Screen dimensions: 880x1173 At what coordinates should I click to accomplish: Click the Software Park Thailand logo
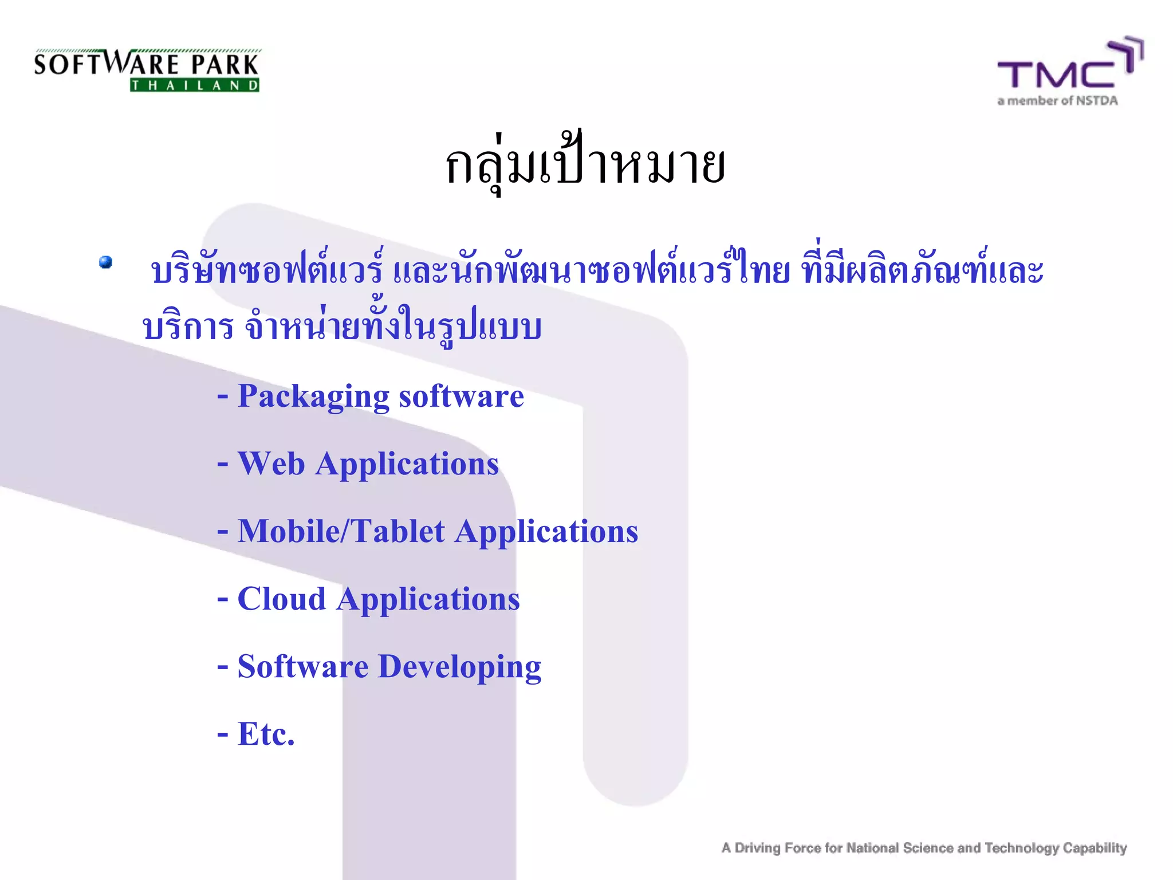(147, 70)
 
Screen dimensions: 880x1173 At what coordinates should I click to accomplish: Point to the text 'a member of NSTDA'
(1057, 101)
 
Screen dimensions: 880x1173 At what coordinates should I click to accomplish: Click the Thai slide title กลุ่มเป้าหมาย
(585, 166)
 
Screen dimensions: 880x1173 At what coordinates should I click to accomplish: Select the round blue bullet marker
(106, 262)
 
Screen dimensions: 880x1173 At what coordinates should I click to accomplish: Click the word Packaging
(313, 396)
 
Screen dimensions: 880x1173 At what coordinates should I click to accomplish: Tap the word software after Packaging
(461, 396)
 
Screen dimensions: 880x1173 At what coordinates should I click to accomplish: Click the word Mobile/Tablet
(341, 531)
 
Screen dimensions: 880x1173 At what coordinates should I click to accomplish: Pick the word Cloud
(281, 599)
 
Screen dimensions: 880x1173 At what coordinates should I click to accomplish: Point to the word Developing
(459, 667)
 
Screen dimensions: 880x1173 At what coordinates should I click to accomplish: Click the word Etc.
(266, 734)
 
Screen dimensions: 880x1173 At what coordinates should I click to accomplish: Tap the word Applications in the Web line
(407, 464)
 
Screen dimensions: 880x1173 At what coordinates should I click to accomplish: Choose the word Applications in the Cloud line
(428, 600)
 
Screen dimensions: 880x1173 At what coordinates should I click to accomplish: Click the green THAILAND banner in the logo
(195, 85)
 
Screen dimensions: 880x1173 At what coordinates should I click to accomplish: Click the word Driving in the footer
(757, 848)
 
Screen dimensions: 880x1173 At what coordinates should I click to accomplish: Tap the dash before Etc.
(222, 734)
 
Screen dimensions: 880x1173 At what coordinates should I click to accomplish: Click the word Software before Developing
(302, 666)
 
